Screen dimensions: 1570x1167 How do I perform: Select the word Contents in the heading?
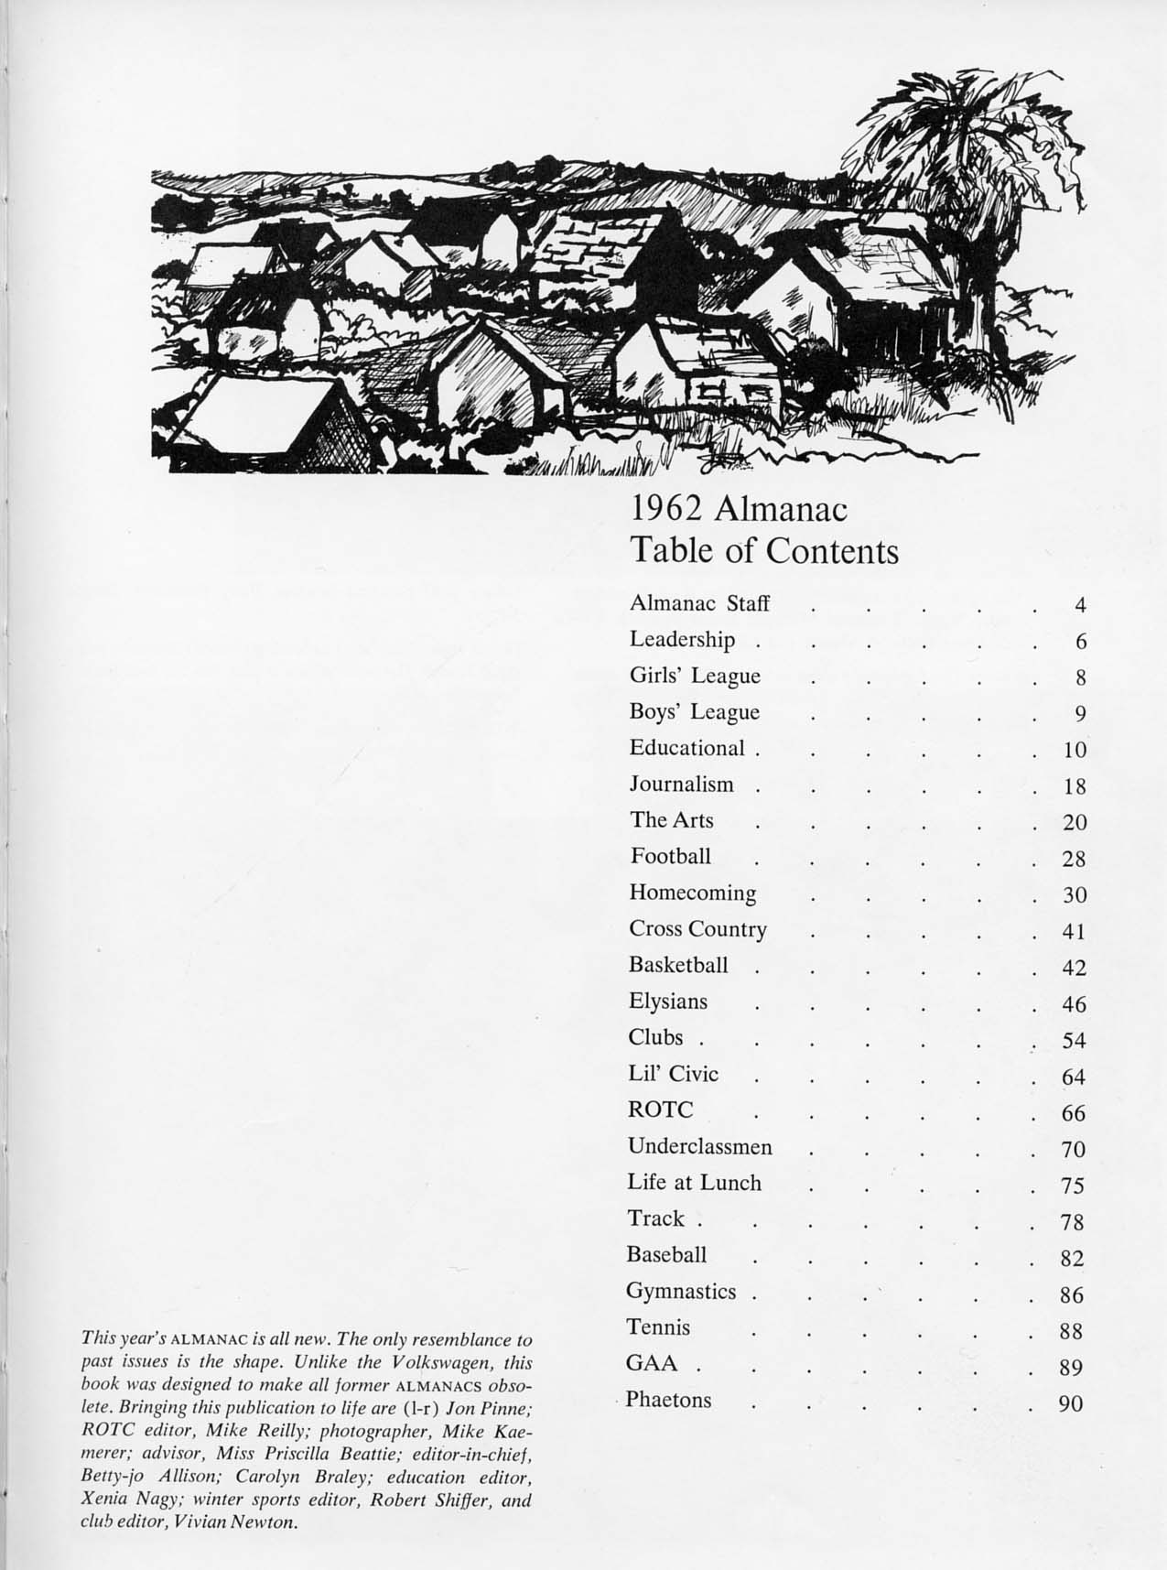pyautogui.click(x=832, y=551)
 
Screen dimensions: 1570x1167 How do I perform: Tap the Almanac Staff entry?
pyautogui.click(x=699, y=604)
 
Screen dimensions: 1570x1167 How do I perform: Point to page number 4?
pyautogui.click(x=1080, y=605)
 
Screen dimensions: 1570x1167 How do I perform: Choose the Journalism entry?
pyautogui.click(x=681, y=785)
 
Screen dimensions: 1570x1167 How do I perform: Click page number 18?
pyautogui.click(x=1074, y=786)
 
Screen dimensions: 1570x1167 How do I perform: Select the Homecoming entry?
pyautogui.click(x=692, y=893)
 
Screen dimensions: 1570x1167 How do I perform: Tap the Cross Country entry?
pyautogui.click(x=697, y=929)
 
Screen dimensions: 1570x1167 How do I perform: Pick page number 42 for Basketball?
pyautogui.click(x=1074, y=968)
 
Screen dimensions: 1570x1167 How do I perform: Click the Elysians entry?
pyautogui.click(x=667, y=1002)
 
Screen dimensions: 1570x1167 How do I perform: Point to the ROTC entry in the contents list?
pyautogui.click(x=660, y=1110)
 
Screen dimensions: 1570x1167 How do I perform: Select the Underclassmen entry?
pyautogui.click(x=699, y=1146)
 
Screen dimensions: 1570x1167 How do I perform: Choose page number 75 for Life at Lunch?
pyautogui.click(x=1073, y=1186)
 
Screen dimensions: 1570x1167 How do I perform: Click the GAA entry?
pyautogui.click(x=652, y=1364)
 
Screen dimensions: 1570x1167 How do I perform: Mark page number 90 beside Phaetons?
pyautogui.click(x=1071, y=1402)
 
